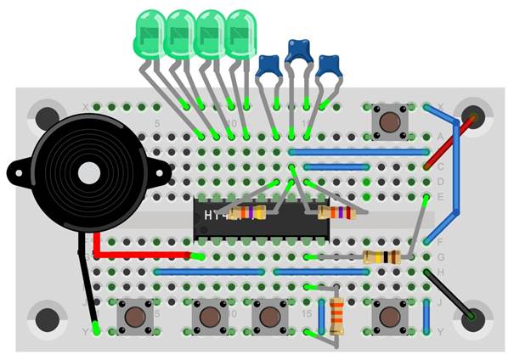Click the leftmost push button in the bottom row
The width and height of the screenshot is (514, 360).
coord(134,317)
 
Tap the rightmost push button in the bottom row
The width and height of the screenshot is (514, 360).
coord(390,317)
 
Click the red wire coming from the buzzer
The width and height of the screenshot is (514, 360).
coord(140,253)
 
